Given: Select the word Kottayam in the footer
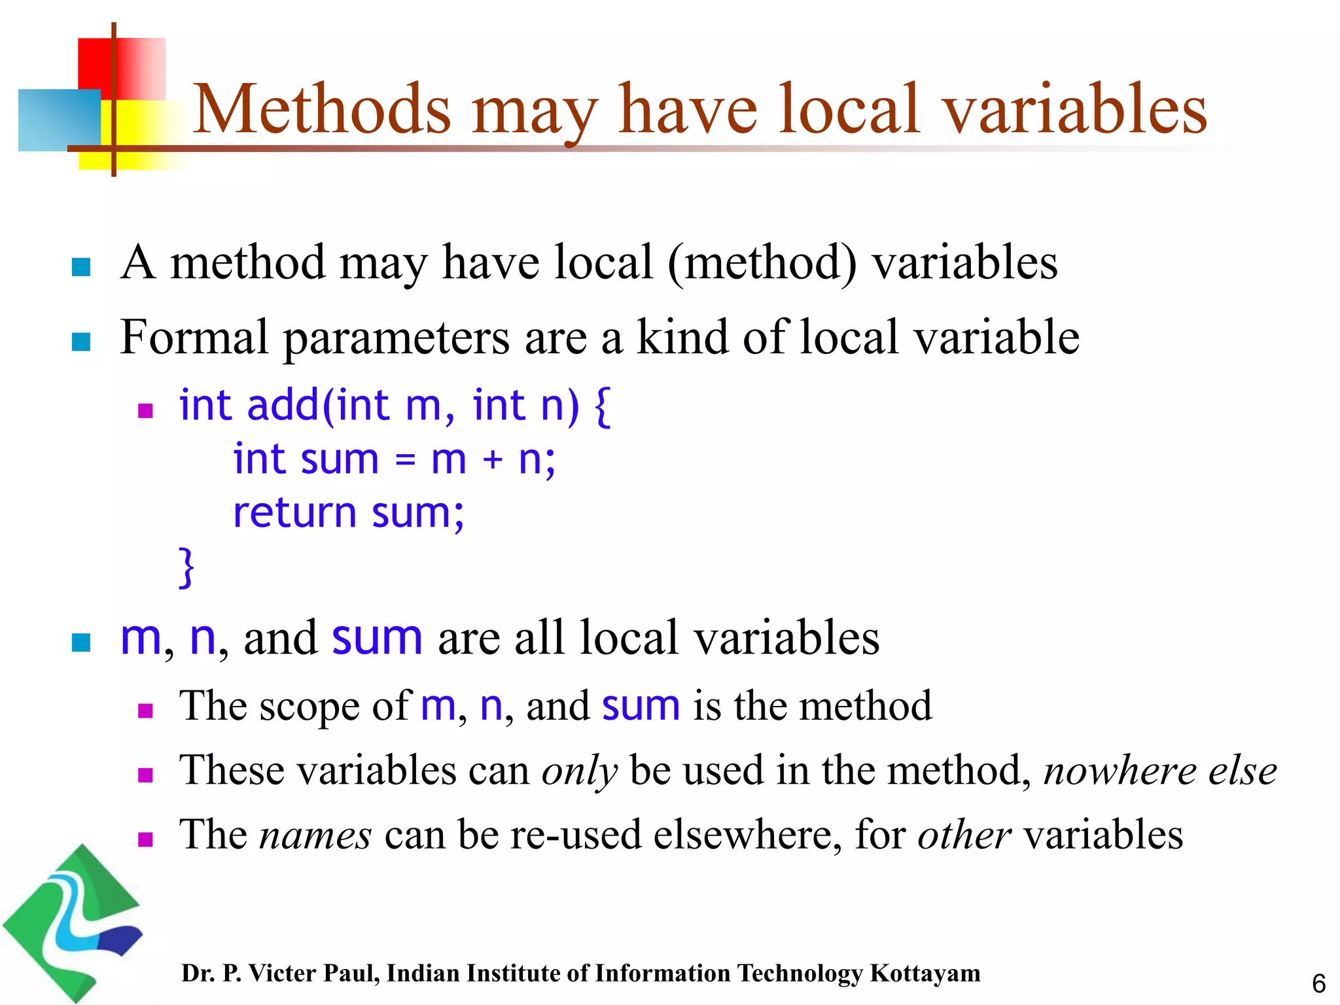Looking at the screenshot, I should [x=925, y=974].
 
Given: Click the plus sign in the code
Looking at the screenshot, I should [x=492, y=459].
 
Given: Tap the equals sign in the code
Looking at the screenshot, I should [x=405, y=460].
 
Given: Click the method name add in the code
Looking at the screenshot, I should [x=283, y=406].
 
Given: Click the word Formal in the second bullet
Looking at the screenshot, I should [x=194, y=338].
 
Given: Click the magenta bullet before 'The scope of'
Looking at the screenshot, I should [x=145, y=711].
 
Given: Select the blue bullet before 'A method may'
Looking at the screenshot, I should [x=80, y=267].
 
